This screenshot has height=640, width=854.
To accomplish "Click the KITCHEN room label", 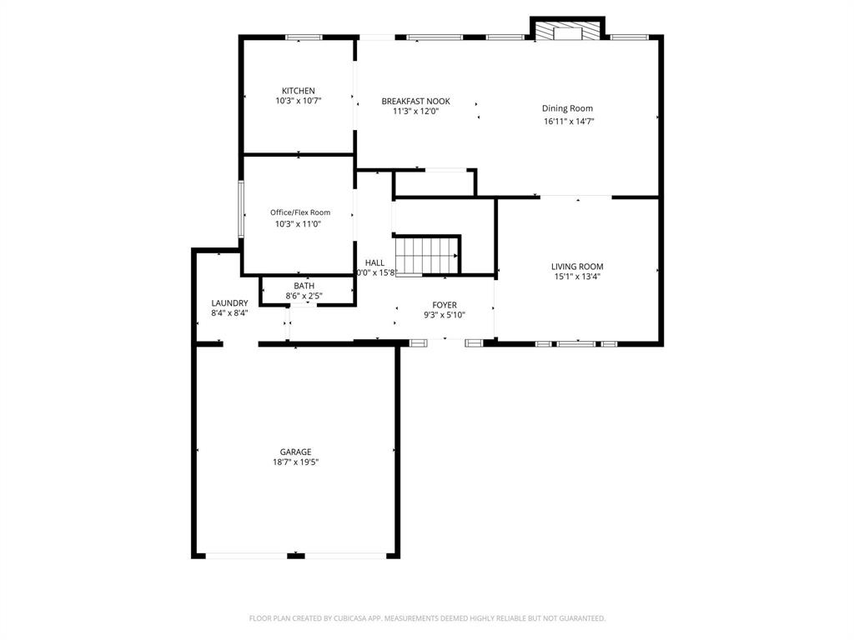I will pos(299,91).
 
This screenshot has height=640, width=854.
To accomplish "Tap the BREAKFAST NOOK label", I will pos(415,101).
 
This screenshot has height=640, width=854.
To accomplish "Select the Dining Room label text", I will pos(567,108).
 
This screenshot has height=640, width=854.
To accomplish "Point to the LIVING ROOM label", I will pos(577,267).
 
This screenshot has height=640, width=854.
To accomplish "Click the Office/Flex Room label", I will pos(300,212).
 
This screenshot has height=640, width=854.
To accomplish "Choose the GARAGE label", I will pos(295,452).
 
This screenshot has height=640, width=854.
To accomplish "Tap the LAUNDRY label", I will pos(229,303).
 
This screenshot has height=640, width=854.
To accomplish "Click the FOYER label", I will pos(444,305).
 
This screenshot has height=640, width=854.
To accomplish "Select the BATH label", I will pos(304,286).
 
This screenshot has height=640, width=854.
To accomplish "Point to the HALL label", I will pos(374,262).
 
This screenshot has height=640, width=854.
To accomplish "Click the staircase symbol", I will pos(427,255).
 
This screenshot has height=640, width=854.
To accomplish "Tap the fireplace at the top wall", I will pos(568,31).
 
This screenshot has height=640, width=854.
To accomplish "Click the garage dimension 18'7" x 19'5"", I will pos(295,462).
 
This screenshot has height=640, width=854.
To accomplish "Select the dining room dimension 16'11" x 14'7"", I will pos(569,122).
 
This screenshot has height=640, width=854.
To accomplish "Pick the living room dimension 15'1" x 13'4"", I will pos(577,277).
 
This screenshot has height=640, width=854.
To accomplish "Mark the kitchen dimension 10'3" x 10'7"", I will pos(299,101).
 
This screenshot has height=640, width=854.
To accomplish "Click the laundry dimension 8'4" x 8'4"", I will pos(229,313).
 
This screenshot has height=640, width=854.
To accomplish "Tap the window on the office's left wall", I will pos(241,208).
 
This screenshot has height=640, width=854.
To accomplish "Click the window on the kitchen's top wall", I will pos(304,37).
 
